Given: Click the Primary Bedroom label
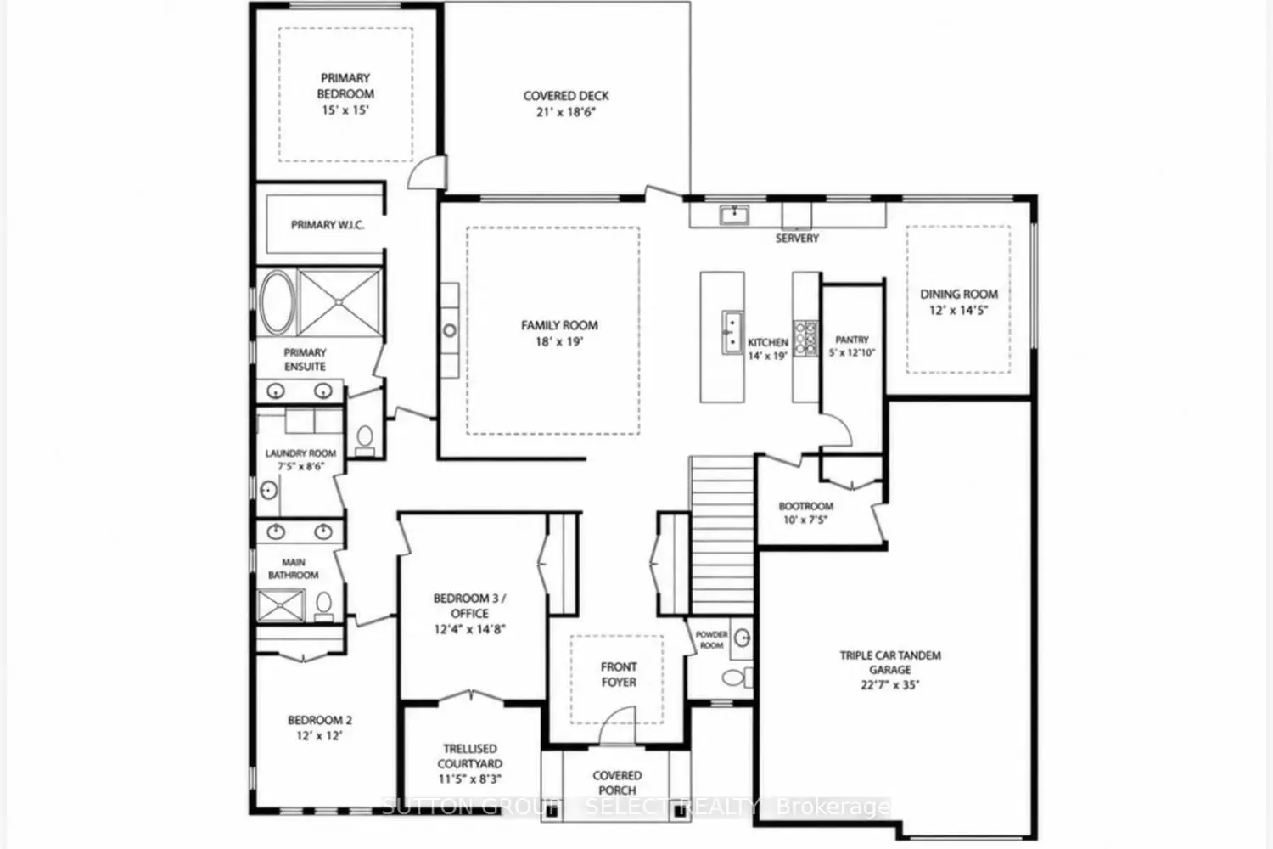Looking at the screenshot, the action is pyautogui.click(x=345, y=86).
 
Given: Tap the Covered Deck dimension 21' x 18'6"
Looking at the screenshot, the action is pyautogui.click(x=566, y=112).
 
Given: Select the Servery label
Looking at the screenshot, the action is pyautogui.click(x=798, y=239).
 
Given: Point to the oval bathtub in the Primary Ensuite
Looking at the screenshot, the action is pyautogui.click(x=278, y=302).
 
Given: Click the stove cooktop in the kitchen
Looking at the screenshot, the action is pyautogui.click(x=805, y=339).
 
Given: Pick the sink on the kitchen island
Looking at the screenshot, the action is pyautogui.click(x=732, y=332).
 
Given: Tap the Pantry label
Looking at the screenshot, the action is pyautogui.click(x=852, y=340).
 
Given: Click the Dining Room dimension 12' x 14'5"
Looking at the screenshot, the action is pyautogui.click(x=959, y=311).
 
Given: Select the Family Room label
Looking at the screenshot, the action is pyautogui.click(x=560, y=325).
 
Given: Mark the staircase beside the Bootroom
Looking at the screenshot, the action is pyautogui.click(x=722, y=536).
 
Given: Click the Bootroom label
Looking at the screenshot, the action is pyautogui.click(x=806, y=506).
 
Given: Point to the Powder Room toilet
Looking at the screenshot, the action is pyautogui.click(x=736, y=678).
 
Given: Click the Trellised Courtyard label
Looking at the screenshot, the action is pyautogui.click(x=470, y=756).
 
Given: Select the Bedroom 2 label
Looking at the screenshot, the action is pyautogui.click(x=320, y=721).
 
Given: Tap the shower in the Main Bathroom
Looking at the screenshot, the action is pyautogui.click(x=281, y=605).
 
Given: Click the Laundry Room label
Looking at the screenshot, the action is pyautogui.click(x=300, y=453).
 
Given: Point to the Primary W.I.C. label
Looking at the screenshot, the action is pyautogui.click(x=328, y=225).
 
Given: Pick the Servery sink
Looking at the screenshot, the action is pyautogui.click(x=734, y=215).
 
